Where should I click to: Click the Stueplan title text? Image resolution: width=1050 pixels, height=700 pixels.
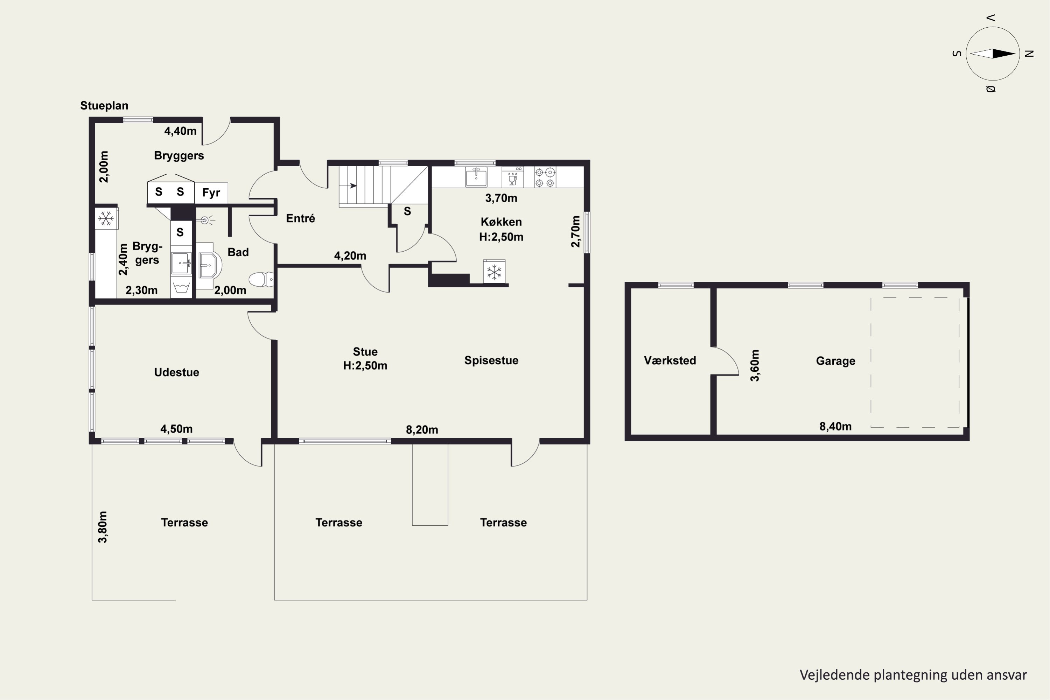[104, 106]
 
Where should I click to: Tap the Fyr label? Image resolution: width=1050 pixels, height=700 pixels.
[211, 192]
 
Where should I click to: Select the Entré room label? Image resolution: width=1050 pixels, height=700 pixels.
[300, 218]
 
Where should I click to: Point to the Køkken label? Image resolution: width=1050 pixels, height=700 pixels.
[501, 222]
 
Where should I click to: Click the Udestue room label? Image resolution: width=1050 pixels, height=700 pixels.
[176, 372]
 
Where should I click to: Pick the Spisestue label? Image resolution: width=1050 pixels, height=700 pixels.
[491, 360]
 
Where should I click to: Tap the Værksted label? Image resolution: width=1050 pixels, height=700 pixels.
[670, 360]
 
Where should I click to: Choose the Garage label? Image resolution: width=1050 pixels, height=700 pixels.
[835, 361]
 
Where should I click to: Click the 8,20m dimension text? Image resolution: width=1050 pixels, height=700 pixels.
[422, 430]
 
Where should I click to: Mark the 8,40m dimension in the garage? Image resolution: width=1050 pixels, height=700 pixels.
[835, 426]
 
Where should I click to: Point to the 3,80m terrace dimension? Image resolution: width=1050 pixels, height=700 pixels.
[103, 527]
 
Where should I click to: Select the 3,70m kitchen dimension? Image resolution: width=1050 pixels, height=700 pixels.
[501, 198]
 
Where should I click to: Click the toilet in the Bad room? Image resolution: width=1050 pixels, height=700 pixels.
[261, 279]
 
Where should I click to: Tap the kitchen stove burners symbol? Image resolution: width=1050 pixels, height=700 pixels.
[545, 177]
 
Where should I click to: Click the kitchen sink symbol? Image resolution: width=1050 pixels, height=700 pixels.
[476, 177]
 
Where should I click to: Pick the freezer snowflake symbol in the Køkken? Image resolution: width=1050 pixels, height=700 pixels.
[494, 272]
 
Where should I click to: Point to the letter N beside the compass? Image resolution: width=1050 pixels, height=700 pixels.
[1029, 54]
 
